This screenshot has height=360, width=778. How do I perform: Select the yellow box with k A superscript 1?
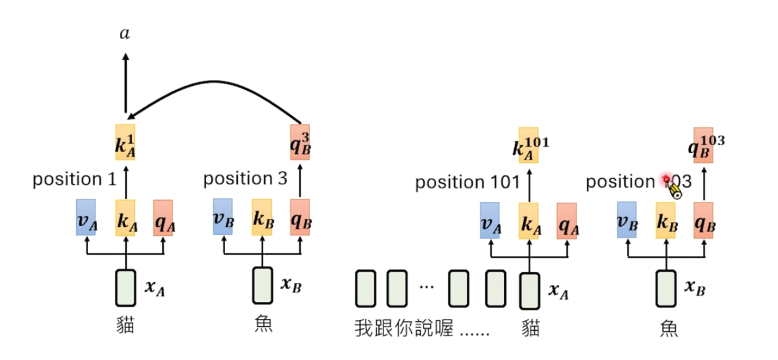click(x=125, y=142)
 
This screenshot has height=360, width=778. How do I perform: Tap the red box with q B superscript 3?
click(x=300, y=142)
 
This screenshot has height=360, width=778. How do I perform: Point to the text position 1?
click(x=74, y=179)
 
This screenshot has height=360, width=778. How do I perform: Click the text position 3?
click(x=245, y=179)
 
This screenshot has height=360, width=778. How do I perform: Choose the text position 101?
click(x=467, y=183)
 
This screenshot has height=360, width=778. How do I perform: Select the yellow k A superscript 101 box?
click(x=529, y=145)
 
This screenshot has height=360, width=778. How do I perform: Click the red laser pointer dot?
click(x=666, y=179)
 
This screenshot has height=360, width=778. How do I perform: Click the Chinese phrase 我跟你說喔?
click(x=404, y=328)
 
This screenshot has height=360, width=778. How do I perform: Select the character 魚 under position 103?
click(x=668, y=327)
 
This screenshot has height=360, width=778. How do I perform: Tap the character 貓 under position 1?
click(x=125, y=325)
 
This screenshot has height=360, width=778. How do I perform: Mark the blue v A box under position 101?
click(x=489, y=220)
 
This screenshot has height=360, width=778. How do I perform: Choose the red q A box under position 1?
click(x=163, y=218)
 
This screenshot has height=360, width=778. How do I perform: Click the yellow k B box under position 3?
click(x=262, y=217)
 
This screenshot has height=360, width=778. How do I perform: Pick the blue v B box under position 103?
click(x=626, y=220)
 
